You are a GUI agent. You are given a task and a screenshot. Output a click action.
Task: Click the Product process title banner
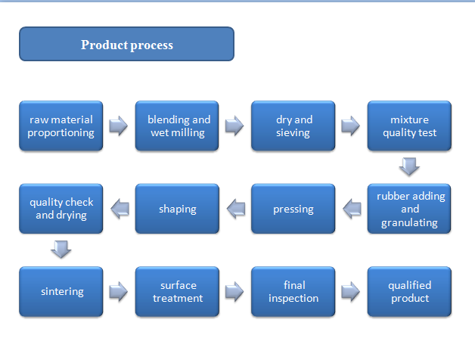(x=126, y=44)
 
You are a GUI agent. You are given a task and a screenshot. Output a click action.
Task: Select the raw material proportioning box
(x=61, y=126)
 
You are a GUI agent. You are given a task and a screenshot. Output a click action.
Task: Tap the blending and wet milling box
(x=177, y=126)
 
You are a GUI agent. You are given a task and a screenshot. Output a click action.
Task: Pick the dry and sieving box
(x=293, y=126)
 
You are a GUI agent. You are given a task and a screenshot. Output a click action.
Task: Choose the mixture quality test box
(x=409, y=126)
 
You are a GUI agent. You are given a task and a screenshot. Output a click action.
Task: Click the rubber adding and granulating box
(x=409, y=209)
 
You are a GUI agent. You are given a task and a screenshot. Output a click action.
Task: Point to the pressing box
(x=293, y=209)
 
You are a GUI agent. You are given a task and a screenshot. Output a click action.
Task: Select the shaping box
(x=177, y=209)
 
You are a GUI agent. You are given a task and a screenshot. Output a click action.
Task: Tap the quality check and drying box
(x=61, y=209)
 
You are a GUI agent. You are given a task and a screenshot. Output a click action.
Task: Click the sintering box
(x=61, y=291)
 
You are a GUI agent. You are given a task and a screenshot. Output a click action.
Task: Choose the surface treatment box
(x=177, y=291)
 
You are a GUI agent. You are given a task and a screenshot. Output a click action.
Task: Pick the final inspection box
(x=293, y=291)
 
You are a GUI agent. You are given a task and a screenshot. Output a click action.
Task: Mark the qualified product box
(x=409, y=291)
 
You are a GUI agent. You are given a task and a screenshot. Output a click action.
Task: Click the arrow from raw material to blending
(x=119, y=126)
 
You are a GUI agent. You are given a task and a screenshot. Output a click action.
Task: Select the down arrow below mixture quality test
(x=409, y=166)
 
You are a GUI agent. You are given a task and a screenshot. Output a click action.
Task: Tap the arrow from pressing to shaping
(x=236, y=209)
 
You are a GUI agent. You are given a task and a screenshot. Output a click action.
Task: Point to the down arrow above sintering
(x=61, y=250)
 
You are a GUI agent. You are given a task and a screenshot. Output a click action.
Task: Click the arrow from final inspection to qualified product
(x=350, y=291)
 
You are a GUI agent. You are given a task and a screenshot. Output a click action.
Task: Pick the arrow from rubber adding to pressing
(x=352, y=209)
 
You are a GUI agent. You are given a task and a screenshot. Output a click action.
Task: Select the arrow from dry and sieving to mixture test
(x=350, y=126)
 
